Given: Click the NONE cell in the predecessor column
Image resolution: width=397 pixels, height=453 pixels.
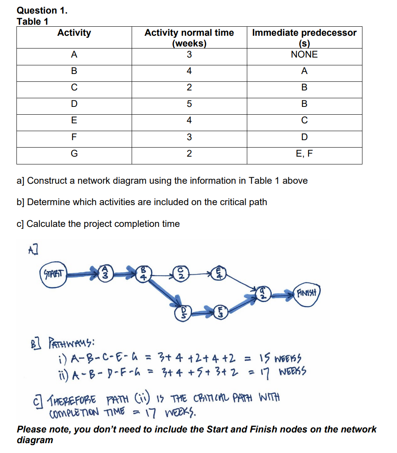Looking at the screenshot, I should pos(304,55).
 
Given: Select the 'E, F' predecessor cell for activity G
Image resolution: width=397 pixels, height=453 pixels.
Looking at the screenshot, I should pos(304,154).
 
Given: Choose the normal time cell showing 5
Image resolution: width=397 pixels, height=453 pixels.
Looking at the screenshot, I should pos(189,104).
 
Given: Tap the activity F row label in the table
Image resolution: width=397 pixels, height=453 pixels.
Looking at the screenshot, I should pos(74,137).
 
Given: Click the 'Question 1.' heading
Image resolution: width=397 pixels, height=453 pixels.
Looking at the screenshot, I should pos(42,10).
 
